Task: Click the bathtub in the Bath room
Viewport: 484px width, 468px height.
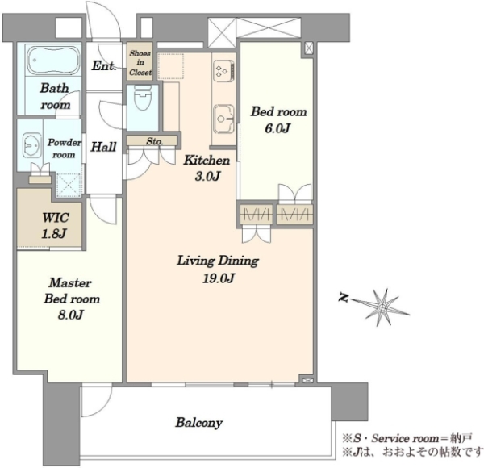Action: pyautogui.click(x=53, y=61)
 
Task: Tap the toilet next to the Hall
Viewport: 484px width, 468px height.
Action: pyautogui.click(x=142, y=98)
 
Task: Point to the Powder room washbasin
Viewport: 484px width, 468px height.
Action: pyautogui.click(x=32, y=145)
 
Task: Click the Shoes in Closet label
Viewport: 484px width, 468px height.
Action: pyautogui.click(x=140, y=63)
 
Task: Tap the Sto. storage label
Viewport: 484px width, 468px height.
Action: pyautogui.click(x=154, y=141)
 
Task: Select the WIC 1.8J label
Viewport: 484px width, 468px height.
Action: pyautogui.click(x=55, y=226)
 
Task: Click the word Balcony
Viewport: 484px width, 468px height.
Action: pyautogui.click(x=199, y=423)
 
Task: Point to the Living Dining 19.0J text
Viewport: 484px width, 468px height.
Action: pyautogui.click(x=218, y=270)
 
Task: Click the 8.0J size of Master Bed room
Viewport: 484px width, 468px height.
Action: pyautogui.click(x=71, y=315)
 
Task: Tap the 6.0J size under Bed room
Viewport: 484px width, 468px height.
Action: pyautogui.click(x=277, y=127)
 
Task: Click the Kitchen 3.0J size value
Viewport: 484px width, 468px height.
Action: pyautogui.click(x=207, y=176)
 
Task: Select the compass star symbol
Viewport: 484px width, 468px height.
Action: pyautogui.click(x=382, y=307)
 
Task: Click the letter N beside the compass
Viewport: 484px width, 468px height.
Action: pyautogui.click(x=344, y=298)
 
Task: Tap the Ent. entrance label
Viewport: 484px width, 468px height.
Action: pyautogui.click(x=104, y=65)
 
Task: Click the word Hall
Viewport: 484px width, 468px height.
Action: pyautogui.click(x=103, y=147)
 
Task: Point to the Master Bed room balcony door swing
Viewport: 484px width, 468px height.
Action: pyautogui.click(x=97, y=400)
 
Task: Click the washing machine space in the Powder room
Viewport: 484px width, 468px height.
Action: pyautogui.click(x=69, y=185)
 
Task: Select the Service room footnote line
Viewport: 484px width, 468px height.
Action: pyautogui.click(x=407, y=438)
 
